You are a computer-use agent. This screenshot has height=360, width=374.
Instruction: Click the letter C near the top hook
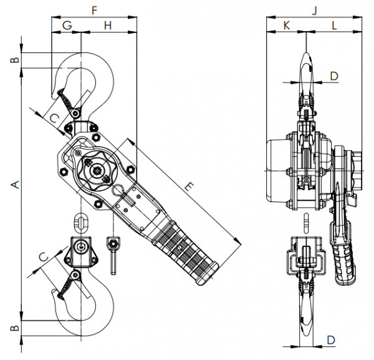click(54, 117)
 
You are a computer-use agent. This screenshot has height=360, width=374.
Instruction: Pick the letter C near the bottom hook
click(43, 256)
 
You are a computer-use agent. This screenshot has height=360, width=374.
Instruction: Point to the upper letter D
click(333, 76)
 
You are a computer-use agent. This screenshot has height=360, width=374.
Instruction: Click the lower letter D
click(331, 340)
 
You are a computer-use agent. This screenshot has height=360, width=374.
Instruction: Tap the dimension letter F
click(94, 10)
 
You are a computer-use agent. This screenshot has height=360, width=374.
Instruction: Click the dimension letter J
click(315, 10)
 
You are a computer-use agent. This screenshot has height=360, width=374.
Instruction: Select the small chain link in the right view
click(306, 221)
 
